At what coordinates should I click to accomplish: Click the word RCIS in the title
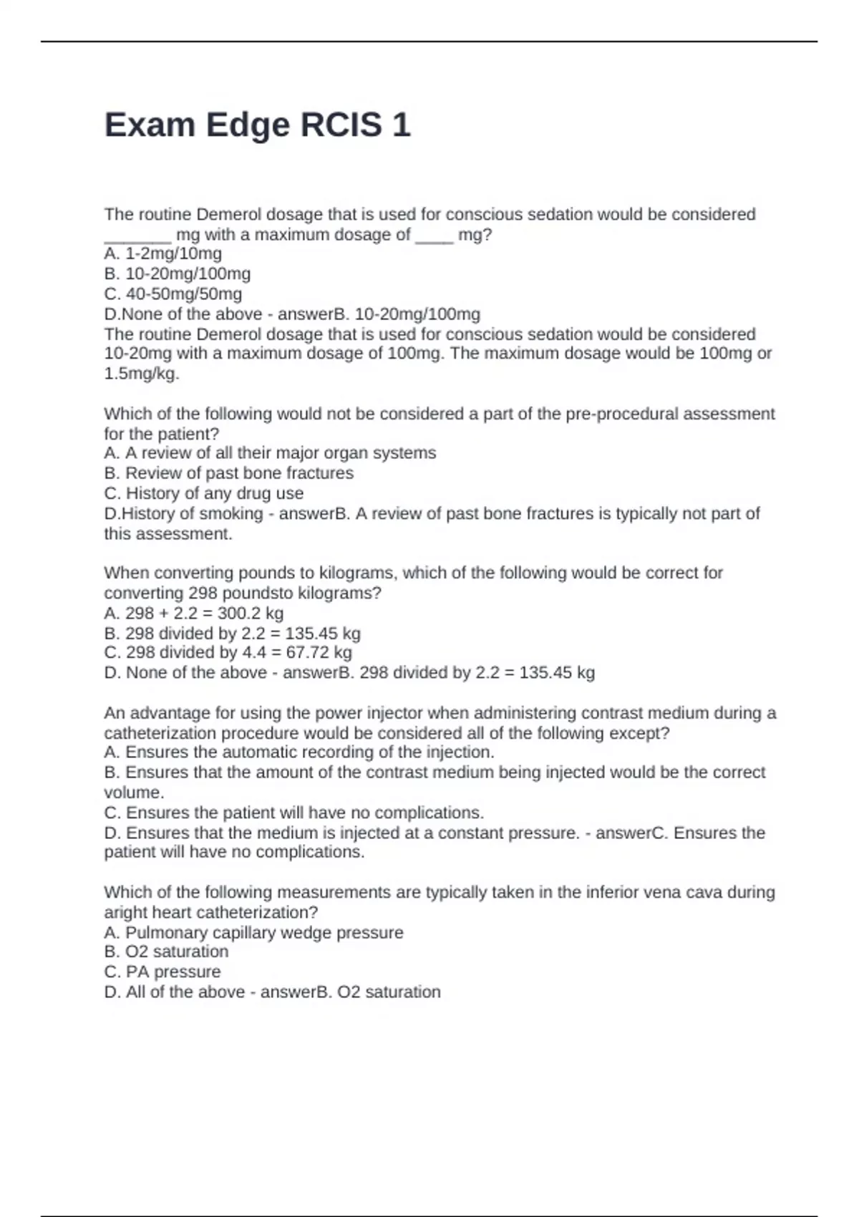pyautogui.click(x=341, y=125)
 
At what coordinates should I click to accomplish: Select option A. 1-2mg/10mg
pyautogui.click(x=163, y=253)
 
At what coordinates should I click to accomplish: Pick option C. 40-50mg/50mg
pyautogui.click(x=173, y=294)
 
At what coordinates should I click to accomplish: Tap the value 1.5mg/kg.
pyautogui.click(x=142, y=374)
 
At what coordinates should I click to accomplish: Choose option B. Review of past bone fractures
pyautogui.click(x=229, y=473)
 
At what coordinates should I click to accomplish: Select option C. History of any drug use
pyautogui.click(x=204, y=493)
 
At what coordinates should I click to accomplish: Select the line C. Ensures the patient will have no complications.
pyautogui.click(x=294, y=813)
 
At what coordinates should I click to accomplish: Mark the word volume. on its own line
pyautogui.click(x=134, y=792)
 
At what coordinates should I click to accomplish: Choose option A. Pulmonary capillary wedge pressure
pyautogui.click(x=254, y=933)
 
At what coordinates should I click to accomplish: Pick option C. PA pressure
pyautogui.click(x=162, y=971)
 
